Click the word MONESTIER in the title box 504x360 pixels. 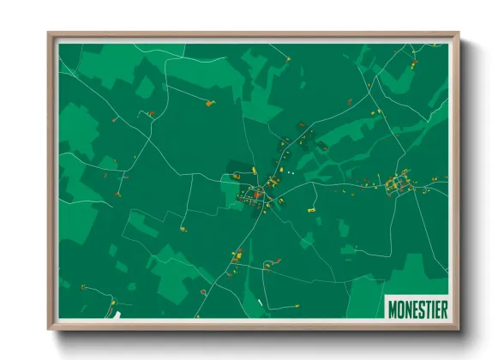417,309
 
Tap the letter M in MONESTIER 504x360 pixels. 393,309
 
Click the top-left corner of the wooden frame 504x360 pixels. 49,34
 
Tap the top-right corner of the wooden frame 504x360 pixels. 459,34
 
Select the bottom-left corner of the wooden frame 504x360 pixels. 49,328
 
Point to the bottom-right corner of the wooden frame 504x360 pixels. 459,328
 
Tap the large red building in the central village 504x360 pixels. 256,195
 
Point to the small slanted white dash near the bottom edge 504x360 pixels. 261,303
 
